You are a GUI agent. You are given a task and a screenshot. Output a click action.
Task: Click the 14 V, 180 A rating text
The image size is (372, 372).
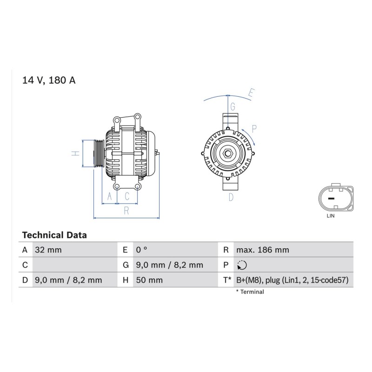[49, 80]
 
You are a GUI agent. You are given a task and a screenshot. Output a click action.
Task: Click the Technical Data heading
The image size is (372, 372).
[54, 235]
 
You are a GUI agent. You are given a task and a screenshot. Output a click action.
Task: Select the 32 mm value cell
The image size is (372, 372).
[48, 250]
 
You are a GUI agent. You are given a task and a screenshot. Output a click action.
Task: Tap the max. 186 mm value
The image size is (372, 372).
[263, 250]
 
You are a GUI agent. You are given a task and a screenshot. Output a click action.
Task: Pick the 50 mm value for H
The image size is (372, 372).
[149, 280]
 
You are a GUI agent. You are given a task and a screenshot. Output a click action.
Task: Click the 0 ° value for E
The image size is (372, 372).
[142, 250]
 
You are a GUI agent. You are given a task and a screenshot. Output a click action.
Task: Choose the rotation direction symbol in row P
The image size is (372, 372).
[242, 265]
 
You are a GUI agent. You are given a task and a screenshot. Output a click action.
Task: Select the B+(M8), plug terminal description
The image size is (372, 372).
[292, 280]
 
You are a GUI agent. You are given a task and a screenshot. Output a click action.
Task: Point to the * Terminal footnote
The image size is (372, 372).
[250, 292]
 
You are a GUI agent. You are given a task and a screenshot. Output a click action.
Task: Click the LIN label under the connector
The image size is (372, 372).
[331, 216]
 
